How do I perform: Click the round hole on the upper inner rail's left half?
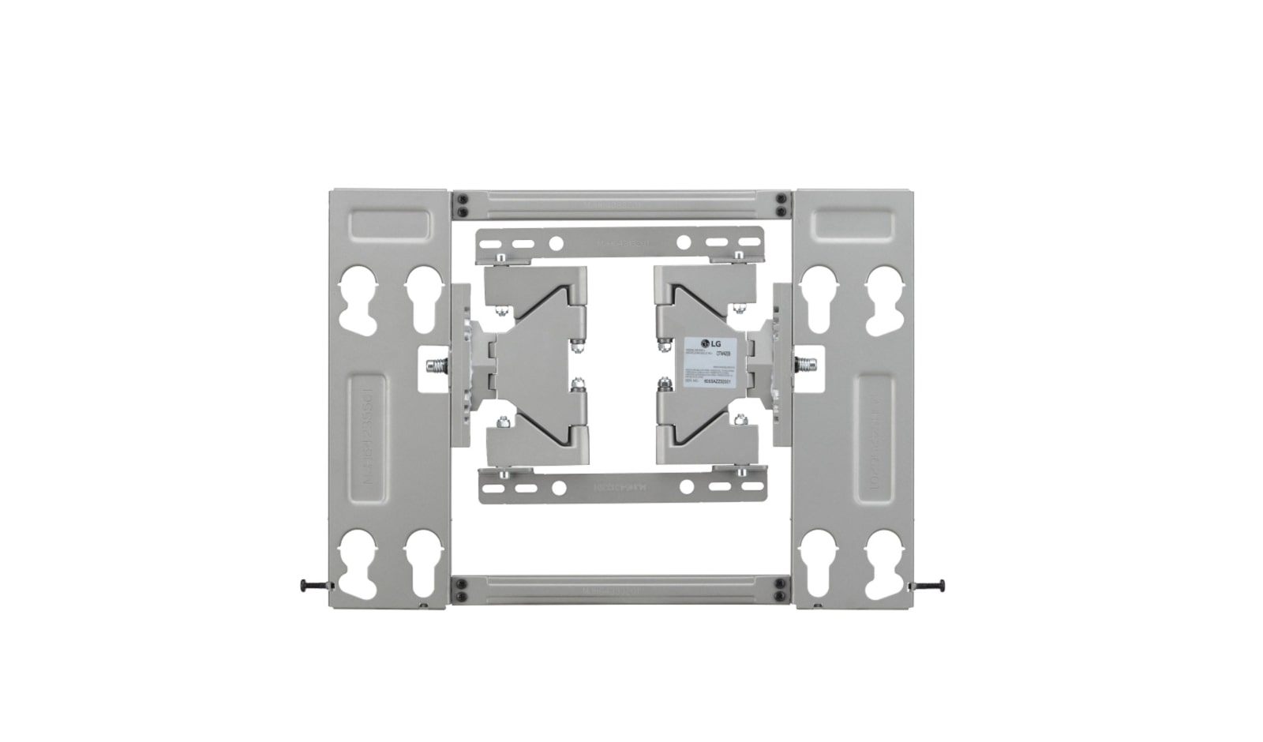pyautogui.click(x=555, y=243)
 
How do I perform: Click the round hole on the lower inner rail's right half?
pyautogui.click(x=685, y=488)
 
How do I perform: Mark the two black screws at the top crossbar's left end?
pyautogui.click(x=463, y=205)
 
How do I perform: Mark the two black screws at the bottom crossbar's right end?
pyautogui.click(x=781, y=590)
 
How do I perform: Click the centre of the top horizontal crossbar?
pyautogui.click(x=621, y=205)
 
